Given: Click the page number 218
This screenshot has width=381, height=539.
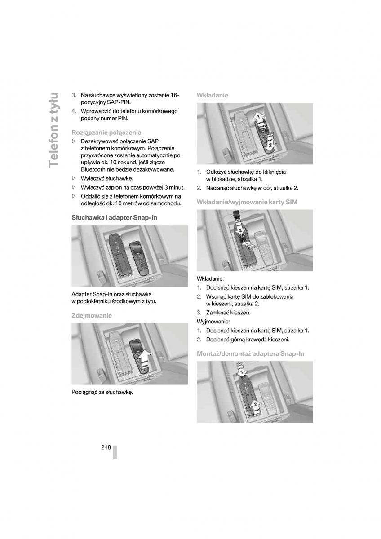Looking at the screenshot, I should pyautogui.click(x=106, y=447).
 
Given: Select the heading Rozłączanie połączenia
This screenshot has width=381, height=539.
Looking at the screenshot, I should pyautogui.click(x=106, y=133).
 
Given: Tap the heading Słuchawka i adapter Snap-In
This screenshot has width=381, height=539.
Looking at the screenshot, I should pyautogui.click(x=114, y=217).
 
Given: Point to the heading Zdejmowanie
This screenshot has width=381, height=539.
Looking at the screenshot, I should pyautogui.click(x=92, y=315).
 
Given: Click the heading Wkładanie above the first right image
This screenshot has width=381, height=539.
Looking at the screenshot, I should pyautogui.click(x=213, y=95).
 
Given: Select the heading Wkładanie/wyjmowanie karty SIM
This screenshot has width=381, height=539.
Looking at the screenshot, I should pyautogui.click(x=247, y=202).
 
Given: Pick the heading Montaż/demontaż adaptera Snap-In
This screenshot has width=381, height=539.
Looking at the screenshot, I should pyautogui.click(x=250, y=353).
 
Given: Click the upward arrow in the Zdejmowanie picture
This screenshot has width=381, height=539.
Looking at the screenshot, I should pyautogui.click(x=145, y=359).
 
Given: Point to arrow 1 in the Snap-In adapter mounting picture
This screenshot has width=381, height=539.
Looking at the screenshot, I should pyautogui.click(x=241, y=373).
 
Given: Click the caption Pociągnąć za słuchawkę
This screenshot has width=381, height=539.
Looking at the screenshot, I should pyautogui.click(x=102, y=392).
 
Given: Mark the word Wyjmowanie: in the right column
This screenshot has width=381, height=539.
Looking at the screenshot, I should pyautogui.click(x=213, y=322).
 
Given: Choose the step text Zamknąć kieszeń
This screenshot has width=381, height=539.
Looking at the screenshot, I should pyautogui.click(x=228, y=313).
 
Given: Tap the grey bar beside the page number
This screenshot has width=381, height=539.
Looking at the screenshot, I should pyautogui.click(x=115, y=452).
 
